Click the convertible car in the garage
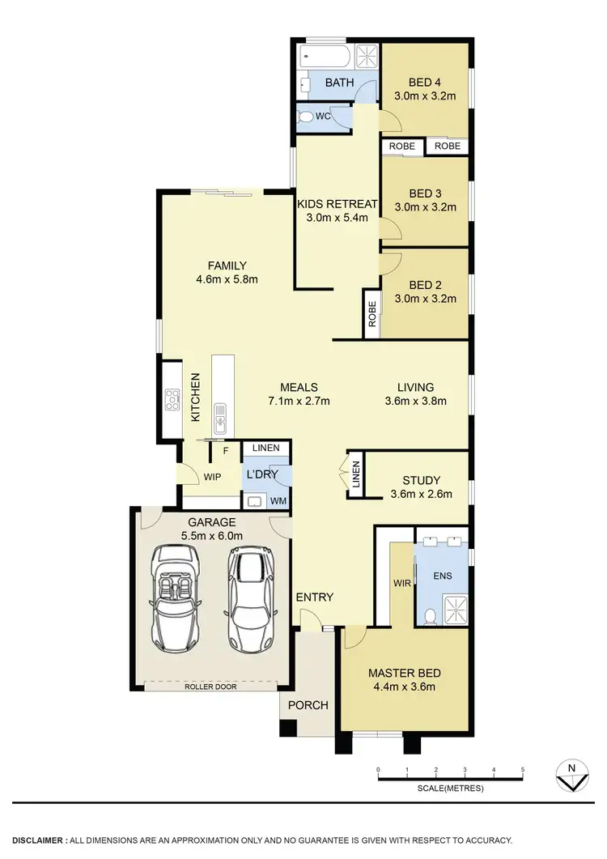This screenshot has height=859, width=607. [x=175, y=597]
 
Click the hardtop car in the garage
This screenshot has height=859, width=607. [x=250, y=597]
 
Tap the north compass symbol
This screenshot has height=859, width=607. [x=571, y=776]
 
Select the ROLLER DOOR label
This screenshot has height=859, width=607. [x=214, y=687]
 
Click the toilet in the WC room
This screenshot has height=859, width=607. [x=306, y=117]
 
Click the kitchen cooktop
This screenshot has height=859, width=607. [x=172, y=400]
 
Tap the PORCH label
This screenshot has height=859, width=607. [x=308, y=705]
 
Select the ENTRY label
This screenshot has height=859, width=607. [x=314, y=597]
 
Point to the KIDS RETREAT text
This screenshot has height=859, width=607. [x=333, y=203]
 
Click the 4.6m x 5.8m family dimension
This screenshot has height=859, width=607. [x=227, y=280]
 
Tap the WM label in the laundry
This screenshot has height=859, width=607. [x=278, y=502]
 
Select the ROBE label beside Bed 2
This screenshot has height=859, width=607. [x=371, y=313]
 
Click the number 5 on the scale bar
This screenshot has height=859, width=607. [x=523, y=770]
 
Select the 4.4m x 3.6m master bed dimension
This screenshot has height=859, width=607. [x=402, y=687]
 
